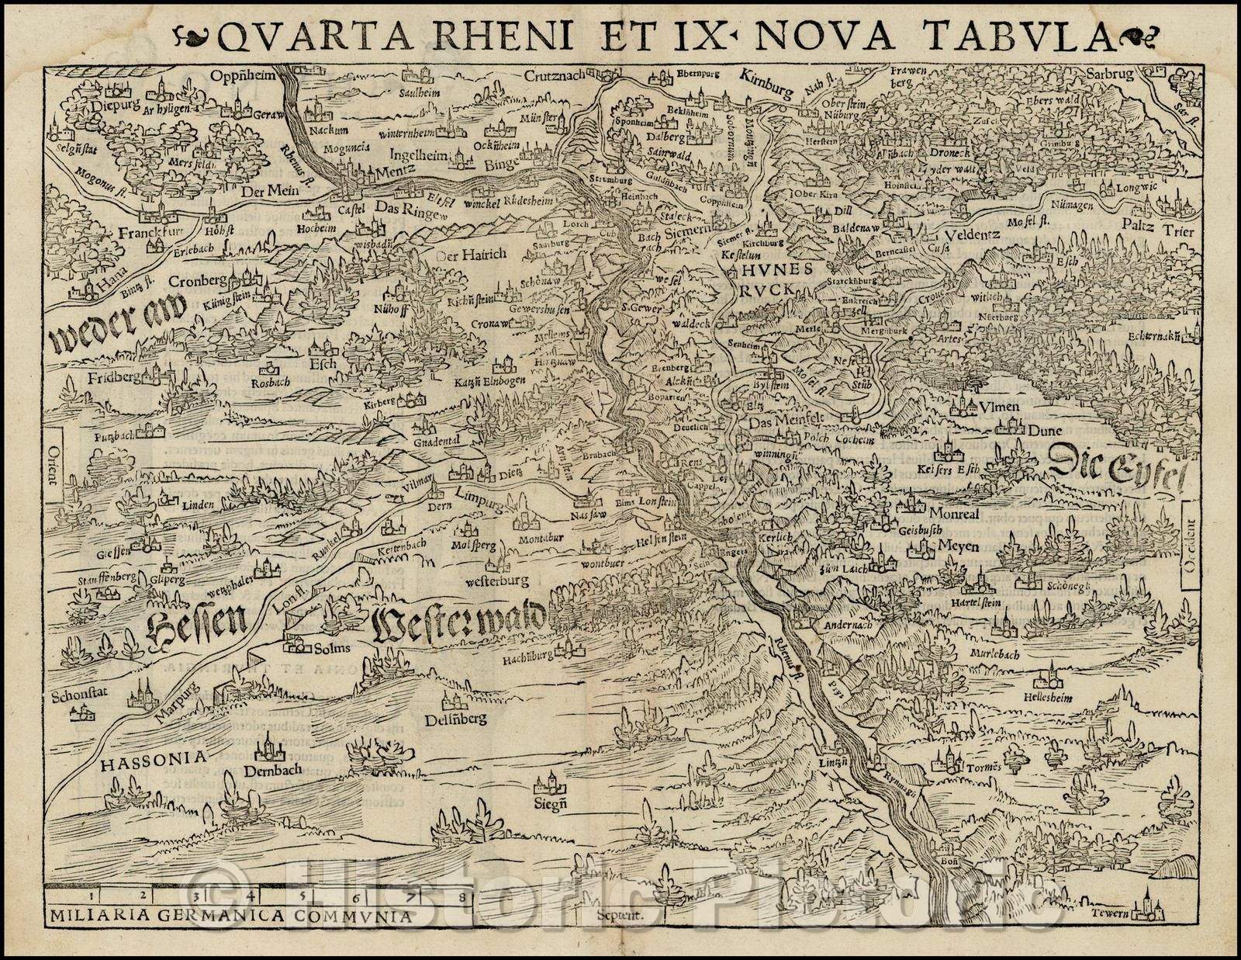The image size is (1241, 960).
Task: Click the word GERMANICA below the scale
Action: click(223, 914)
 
